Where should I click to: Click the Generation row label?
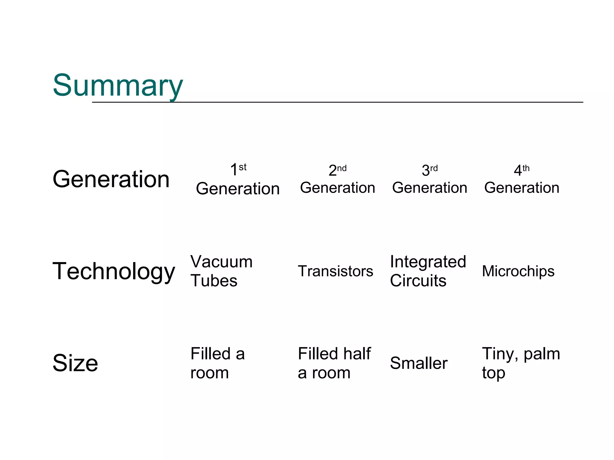click(111, 179)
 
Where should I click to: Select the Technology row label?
click(114, 271)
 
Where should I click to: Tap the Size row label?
click(75, 363)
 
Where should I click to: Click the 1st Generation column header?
click(238, 180)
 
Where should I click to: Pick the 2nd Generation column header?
click(338, 180)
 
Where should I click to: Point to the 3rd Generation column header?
click(430, 180)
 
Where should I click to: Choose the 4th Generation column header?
click(522, 180)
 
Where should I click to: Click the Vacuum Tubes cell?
click(221, 271)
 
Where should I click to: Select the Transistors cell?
click(335, 271)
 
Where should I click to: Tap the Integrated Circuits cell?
click(428, 271)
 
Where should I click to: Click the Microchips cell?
click(518, 271)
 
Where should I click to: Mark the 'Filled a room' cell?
click(217, 363)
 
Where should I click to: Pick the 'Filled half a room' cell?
click(334, 363)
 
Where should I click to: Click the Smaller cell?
click(419, 363)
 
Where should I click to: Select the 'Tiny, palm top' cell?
click(521, 363)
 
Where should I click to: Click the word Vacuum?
click(221, 262)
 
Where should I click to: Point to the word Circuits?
click(418, 281)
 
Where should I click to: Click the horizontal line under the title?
click(337, 102)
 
